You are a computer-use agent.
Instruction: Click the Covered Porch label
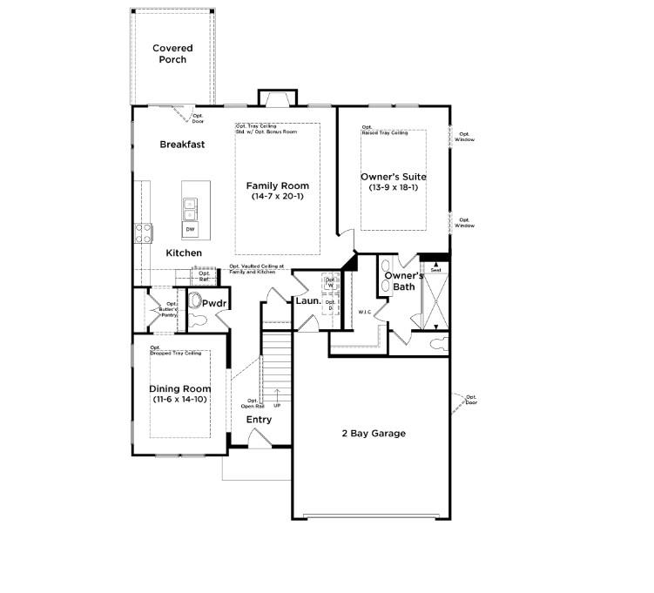pos(172,54)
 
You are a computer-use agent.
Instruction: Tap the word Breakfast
pos(182,145)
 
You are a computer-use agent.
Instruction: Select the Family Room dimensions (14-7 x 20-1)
pos(277,197)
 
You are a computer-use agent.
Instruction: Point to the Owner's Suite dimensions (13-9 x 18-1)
pos(394,187)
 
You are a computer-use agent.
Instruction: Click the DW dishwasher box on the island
pos(190,229)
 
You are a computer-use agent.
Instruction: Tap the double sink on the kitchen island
pos(190,209)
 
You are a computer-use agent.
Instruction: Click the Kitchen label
pos(184,253)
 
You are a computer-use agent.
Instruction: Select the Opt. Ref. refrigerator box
pos(204,276)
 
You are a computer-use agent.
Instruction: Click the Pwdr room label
pos(214,303)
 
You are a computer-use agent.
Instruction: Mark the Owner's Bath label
pos(404,281)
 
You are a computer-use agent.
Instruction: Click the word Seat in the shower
pos(435,270)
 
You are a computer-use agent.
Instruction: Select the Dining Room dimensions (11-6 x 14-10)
pos(181,400)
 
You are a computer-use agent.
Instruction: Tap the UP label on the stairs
pos(277,406)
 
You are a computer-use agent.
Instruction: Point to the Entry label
pos(259,420)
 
